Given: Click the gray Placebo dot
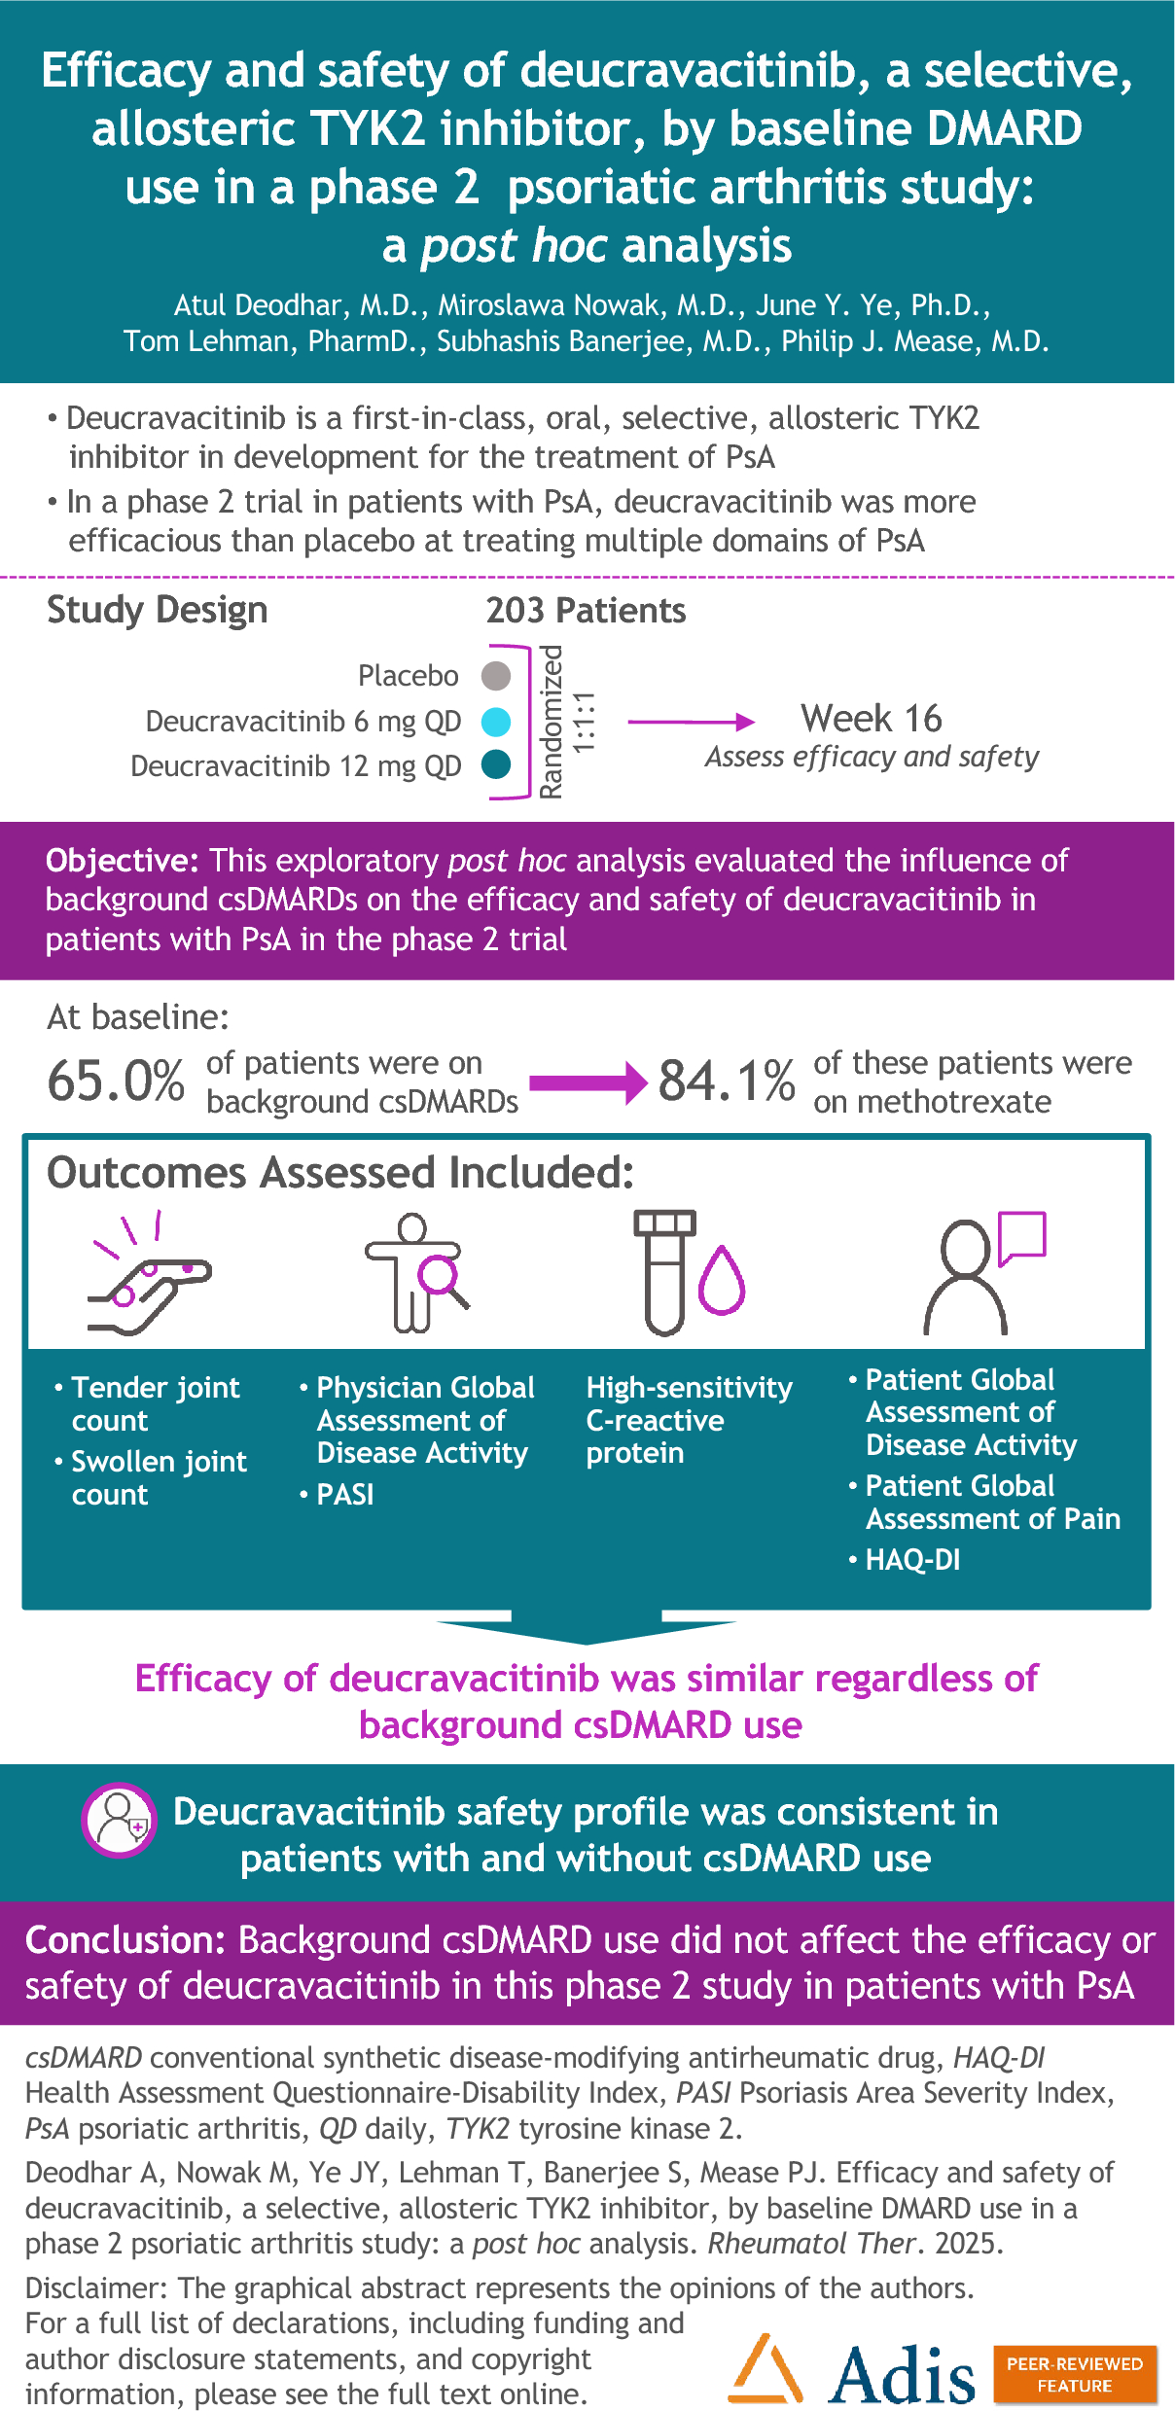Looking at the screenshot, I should [496, 675].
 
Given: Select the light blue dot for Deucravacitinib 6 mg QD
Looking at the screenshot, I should [496, 722].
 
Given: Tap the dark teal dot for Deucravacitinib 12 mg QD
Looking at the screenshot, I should [496, 765].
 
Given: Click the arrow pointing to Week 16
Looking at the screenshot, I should [691, 722].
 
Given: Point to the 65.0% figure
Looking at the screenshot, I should [116, 1081].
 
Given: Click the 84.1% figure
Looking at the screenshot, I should [726, 1081].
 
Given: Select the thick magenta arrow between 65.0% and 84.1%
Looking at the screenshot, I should [588, 1082].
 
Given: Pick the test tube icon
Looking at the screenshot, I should [665, 1272].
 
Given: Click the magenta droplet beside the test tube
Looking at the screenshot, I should [722, 1281].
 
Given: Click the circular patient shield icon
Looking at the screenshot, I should [119, 1820].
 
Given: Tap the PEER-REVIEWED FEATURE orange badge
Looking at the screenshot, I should [1075, 2374].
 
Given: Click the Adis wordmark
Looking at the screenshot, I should [901, 2374].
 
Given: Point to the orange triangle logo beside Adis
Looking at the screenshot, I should [766, 2369].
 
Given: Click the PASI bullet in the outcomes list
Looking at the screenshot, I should [344, 1494].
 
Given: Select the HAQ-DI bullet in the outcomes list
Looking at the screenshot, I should [911, 1560].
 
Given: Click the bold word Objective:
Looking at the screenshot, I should [123, 861].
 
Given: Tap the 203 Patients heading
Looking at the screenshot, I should [586, 611].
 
